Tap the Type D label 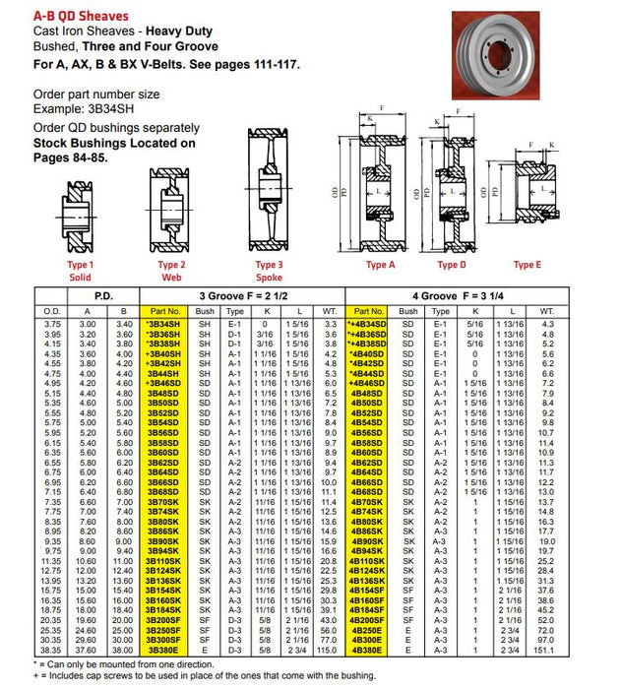coord(452,265)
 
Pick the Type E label coord(527,265)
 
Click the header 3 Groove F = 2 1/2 coord(241,294)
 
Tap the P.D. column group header coord(105,294)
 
